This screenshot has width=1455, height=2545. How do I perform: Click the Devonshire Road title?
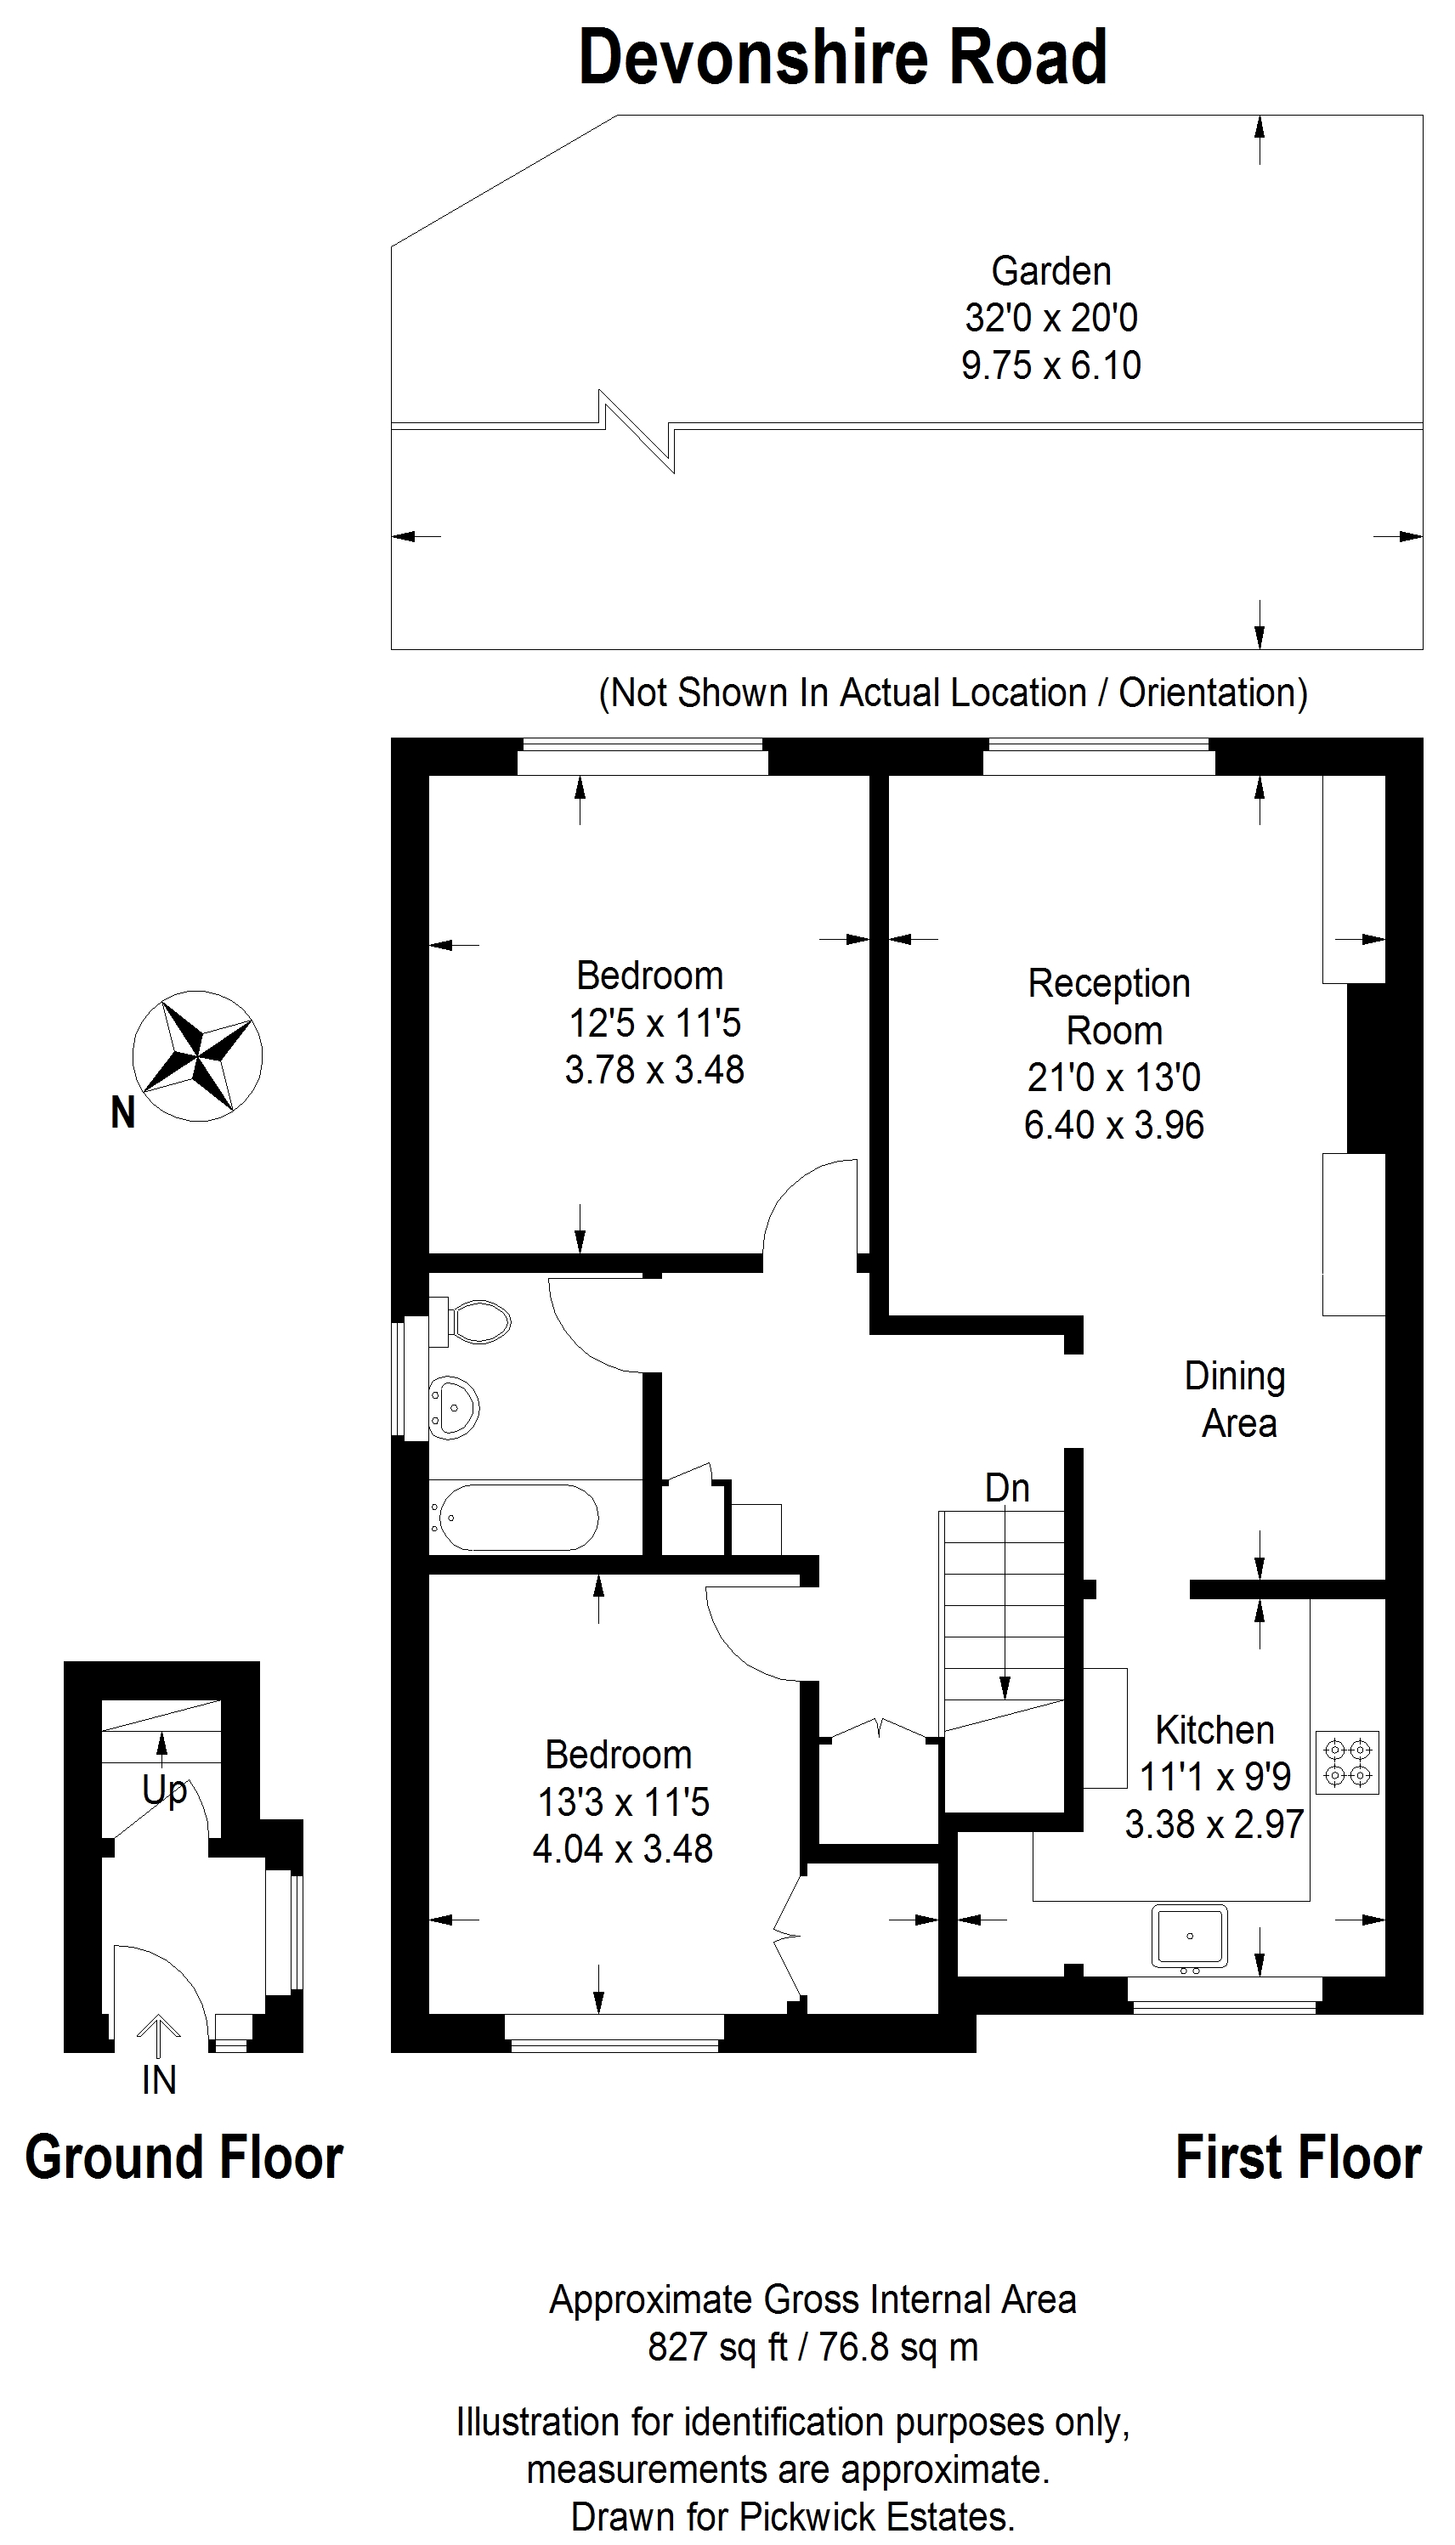[842, 57]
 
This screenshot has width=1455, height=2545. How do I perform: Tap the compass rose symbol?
[198, 1055]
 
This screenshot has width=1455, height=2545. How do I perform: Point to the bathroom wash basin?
[454, 1407]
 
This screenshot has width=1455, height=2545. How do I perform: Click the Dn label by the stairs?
[1006, 1488]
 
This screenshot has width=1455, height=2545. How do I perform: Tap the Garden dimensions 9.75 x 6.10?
[1051, 365]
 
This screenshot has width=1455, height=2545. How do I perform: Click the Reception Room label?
[1110, 1007]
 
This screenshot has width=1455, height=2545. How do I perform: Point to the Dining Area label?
[1236, 1400]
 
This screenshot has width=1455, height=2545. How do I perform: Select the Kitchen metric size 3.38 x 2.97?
[1214, 1824]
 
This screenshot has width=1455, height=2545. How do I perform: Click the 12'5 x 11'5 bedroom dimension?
[654, 1023]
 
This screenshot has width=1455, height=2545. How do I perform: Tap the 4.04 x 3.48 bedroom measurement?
[623, 1849]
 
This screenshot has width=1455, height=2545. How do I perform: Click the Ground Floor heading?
[184, 2158]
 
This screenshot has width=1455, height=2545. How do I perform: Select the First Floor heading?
[1298, 2158]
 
